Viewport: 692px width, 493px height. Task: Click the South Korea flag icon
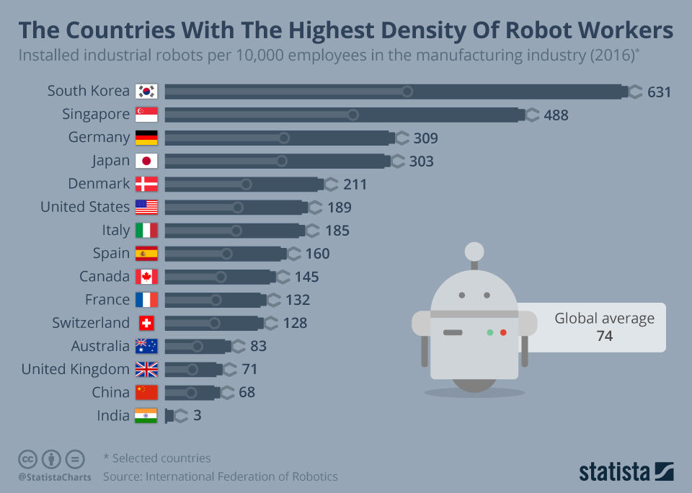pos(146,92)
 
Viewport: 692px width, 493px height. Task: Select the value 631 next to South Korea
pos(659,92)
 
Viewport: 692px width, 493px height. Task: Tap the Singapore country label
pos(96,115)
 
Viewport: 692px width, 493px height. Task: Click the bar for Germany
pos(278,138)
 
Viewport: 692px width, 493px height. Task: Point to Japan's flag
pos(146,161)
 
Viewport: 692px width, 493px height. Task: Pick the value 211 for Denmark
pos(355,185)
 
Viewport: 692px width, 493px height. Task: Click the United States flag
pos(146,208)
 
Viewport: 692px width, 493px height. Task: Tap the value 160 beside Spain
pos(317,254)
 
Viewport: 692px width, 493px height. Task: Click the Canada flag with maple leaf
pos(146,277)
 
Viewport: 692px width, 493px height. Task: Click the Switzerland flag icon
pos(146,323)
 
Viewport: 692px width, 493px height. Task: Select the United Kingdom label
pos(76,370)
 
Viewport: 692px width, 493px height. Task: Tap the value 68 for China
pos(247,393)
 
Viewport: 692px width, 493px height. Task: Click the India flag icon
pos(146,416)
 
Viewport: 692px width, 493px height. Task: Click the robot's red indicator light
pos(503,332)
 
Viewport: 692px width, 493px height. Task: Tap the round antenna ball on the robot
pos(474,251)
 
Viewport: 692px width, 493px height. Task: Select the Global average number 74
pos(604,336)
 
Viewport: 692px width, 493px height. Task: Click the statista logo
pos(626,472)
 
